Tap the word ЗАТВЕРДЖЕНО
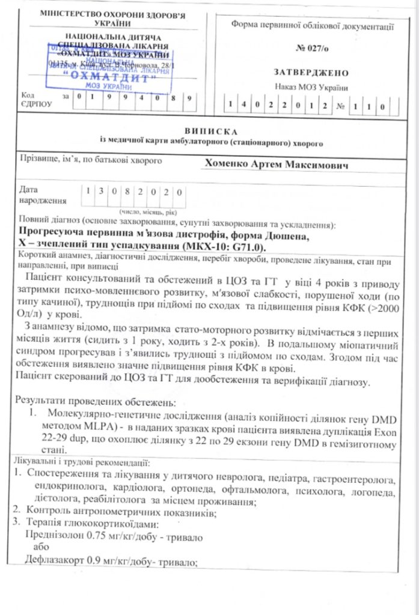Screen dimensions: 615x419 (311, 73)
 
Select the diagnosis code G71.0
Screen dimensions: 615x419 (246, 247)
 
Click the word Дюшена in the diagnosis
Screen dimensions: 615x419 (287, 236)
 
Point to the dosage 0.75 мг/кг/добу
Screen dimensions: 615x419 (118, 537)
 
